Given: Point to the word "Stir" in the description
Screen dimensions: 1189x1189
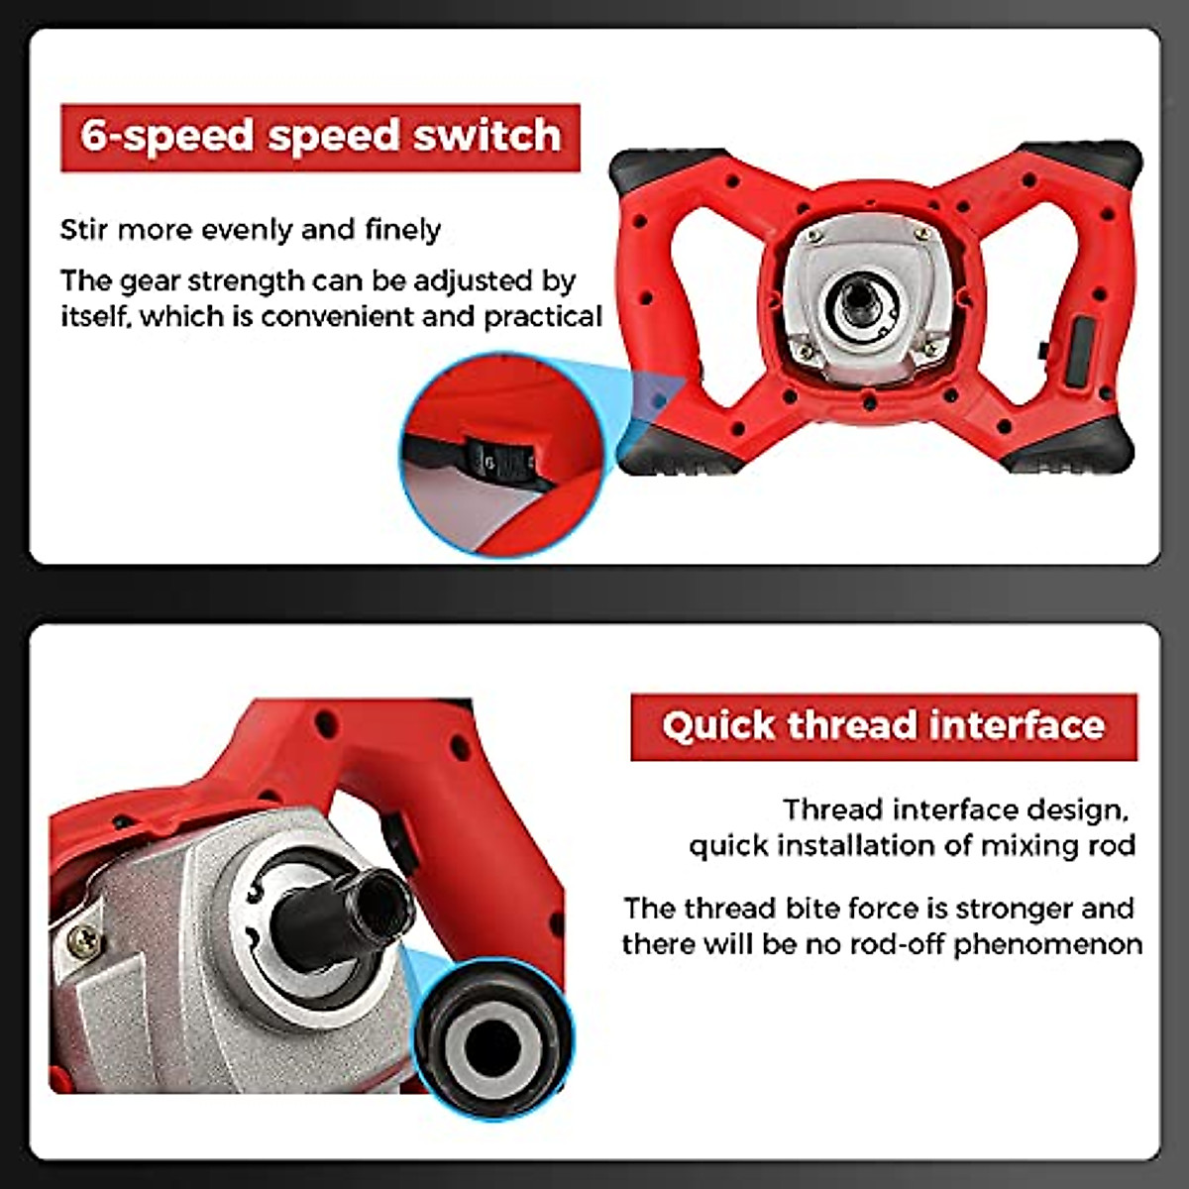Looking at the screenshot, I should coord(84,230).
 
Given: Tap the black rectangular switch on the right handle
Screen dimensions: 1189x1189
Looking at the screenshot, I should coord(1079,351).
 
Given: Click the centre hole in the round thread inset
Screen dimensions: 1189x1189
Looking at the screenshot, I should coord(492,1042).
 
